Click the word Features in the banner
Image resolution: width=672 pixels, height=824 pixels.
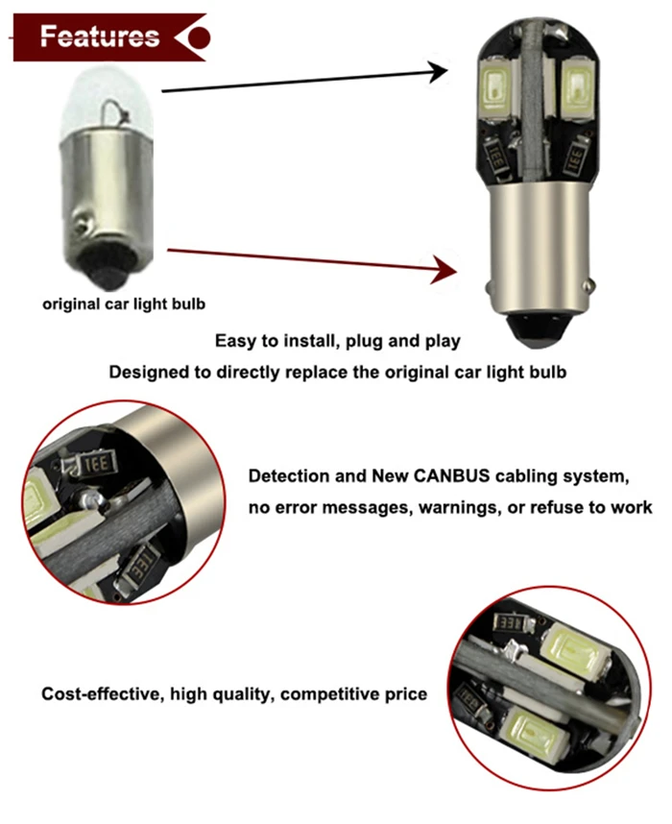(100, 37)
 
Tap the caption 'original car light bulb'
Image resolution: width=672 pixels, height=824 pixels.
(124, 304)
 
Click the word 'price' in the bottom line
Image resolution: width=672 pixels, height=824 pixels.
(402, 693)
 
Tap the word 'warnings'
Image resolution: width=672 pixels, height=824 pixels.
(457, 506)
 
